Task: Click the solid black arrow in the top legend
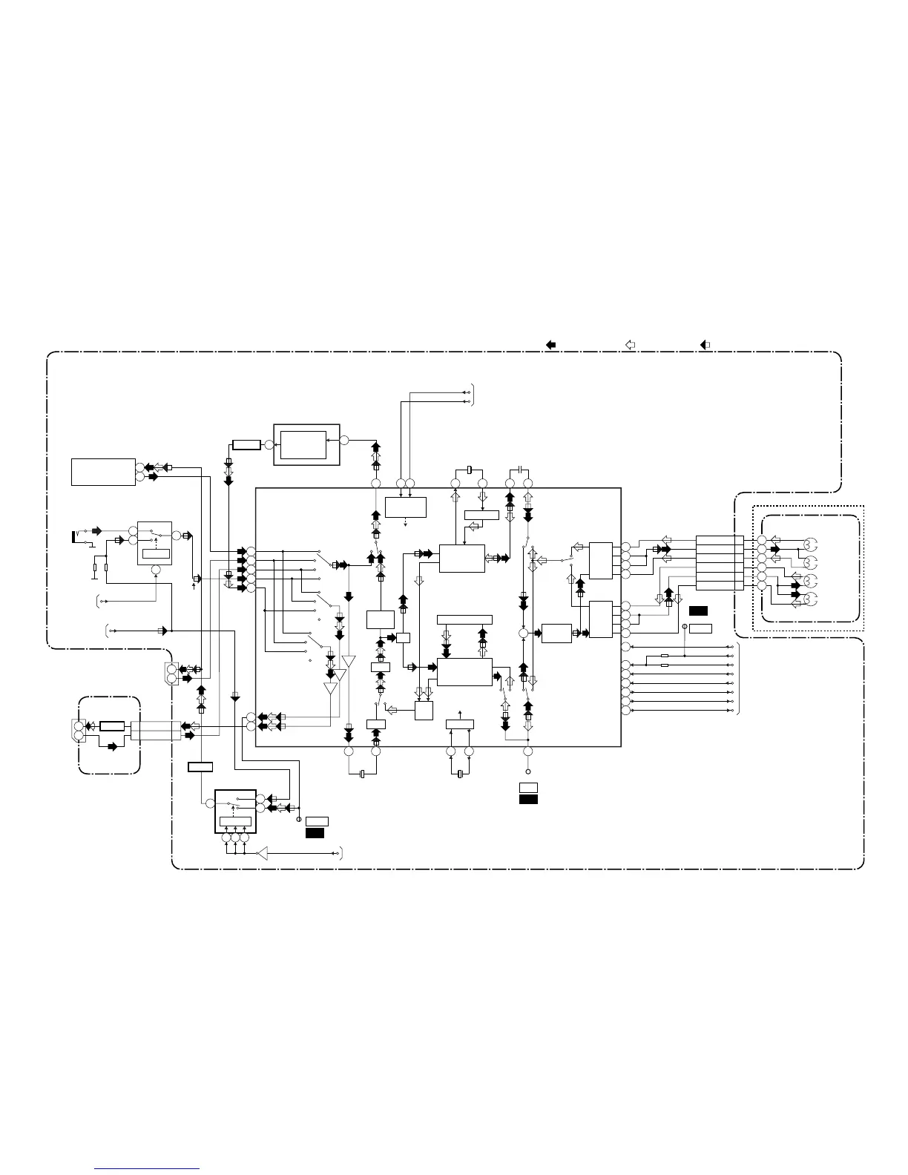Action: [551, 344]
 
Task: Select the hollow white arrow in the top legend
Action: [631, 344]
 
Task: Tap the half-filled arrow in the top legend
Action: [706, 344]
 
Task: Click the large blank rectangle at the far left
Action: [103, 472]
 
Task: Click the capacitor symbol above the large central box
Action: [519, 470]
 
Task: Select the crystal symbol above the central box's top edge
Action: [470, 470]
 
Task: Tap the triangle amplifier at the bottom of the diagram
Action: [261, 855]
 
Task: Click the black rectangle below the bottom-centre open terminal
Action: [528, 799]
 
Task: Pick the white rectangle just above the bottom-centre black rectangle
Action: [528, 787]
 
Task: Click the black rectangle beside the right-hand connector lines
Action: [698, 611]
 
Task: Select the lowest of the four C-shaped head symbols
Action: [810, 599]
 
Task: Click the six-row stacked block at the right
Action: [720, 563]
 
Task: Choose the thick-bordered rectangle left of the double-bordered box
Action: [246, 445]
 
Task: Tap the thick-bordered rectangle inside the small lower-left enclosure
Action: [112, 726]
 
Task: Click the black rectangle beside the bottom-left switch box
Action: [315, 833]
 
